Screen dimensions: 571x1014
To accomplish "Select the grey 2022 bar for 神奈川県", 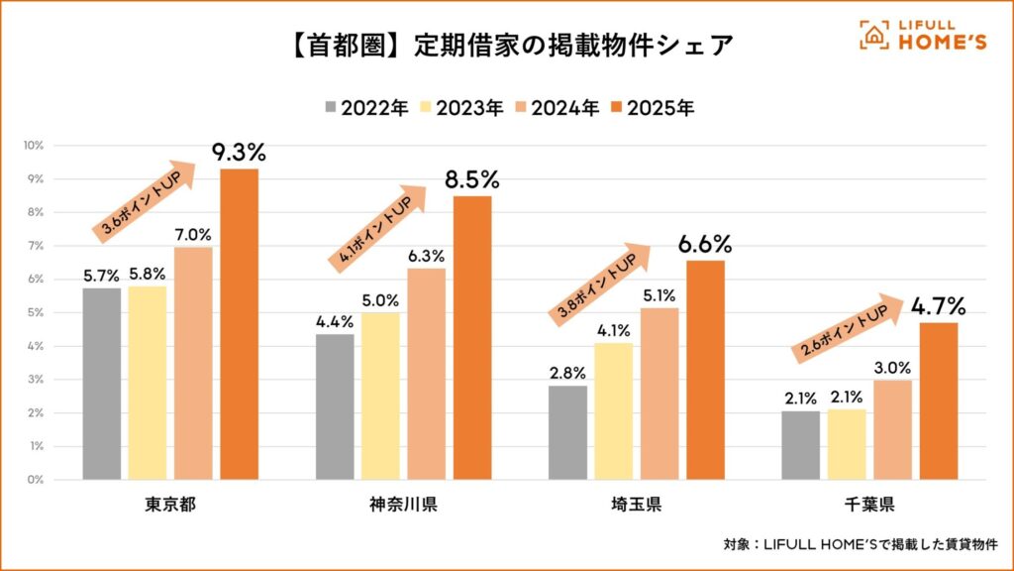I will (335, 406).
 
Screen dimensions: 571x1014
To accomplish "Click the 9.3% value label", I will (239, 154).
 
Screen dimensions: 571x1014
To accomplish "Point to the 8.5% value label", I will (472, 180).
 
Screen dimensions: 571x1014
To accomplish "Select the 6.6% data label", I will (705, 244).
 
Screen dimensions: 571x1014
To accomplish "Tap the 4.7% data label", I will (939, 305).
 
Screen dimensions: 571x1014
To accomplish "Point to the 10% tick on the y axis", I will (34, 146).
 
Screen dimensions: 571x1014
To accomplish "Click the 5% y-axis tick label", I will (36, 313).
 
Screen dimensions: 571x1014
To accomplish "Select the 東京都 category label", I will (169, 507).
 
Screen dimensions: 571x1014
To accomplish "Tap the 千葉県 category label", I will (870, 507).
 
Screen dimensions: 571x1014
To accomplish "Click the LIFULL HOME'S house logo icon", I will (872, 35).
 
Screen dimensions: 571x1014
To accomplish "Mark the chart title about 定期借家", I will (505, 47).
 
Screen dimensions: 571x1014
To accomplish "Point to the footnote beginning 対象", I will (860, 544).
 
